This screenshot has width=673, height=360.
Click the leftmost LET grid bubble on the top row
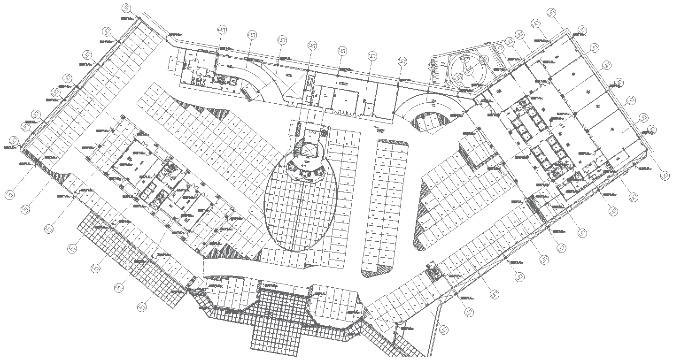222,29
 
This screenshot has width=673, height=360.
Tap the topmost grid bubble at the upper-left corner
125,8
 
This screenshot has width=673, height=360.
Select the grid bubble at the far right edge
665,176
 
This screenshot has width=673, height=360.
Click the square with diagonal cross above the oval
309,150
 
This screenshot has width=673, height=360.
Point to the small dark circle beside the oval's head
324,133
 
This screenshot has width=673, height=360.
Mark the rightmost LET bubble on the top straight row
402,61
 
